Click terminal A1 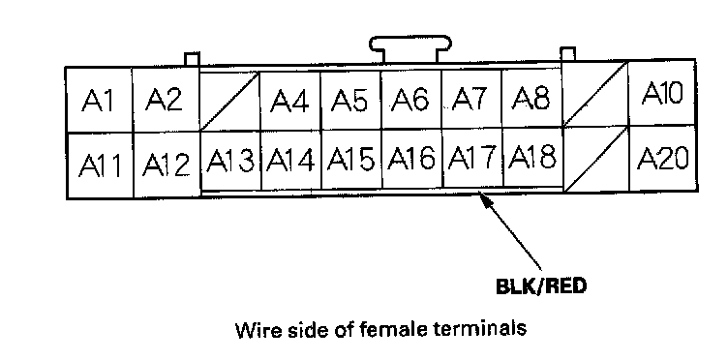(x=99, y=101)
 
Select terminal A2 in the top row (x=166, y=100)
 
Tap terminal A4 (x=290, y=101)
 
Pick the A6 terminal (x=410, y=100)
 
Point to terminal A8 (x=532, y=98)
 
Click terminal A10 (x=662, y=93)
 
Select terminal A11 (x=100, y=166)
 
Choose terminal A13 (x=230, y=161)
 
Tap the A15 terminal (x=351, y=160)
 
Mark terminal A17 (x=472, y=158)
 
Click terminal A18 (x=533, y=158)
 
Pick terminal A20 (x=663, y=159)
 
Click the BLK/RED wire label (x=541, y=286)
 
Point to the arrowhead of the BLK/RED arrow (x=484, y=198)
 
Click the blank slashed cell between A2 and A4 (x=229, y=102)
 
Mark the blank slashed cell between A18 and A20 (x=596, y=159)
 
